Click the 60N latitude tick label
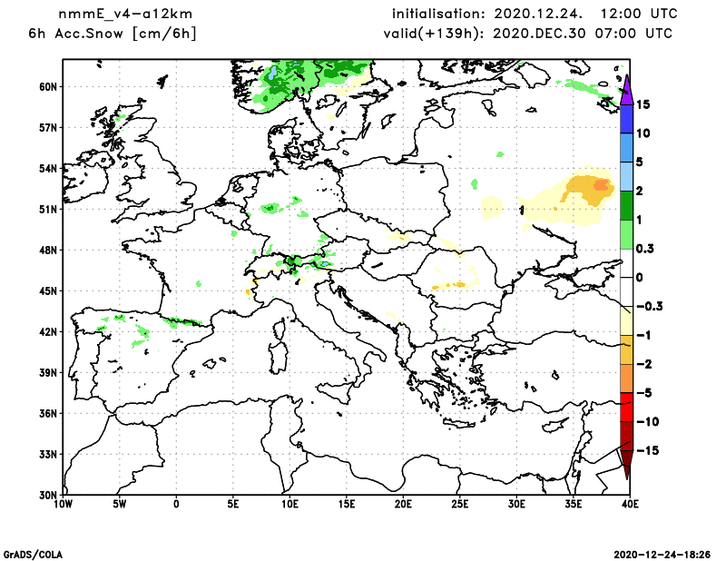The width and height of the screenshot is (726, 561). coord(47,87)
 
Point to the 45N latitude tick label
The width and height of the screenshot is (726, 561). coord(47,290)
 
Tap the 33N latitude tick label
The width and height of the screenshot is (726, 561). coord(47,454)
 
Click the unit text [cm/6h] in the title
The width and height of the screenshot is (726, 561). coord(164,34)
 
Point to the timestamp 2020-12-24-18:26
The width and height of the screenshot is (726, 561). coord(663,553)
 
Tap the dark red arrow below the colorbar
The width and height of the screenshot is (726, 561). coord(626,463)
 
